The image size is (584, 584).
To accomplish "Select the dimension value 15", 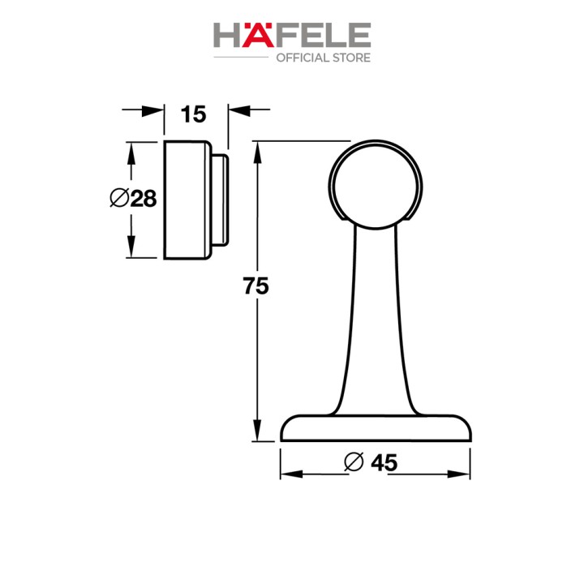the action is tap(193, 114).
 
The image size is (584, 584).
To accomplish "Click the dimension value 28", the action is tap(144, 199).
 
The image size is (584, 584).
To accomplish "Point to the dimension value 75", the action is tap(255, 286).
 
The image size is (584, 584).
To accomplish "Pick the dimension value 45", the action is tap(384, 463).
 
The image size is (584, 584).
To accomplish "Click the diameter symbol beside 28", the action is tap(119, 198).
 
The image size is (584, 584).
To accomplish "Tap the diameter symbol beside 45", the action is tap(354, 462).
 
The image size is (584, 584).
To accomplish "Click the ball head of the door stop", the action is tap(376, 185).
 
